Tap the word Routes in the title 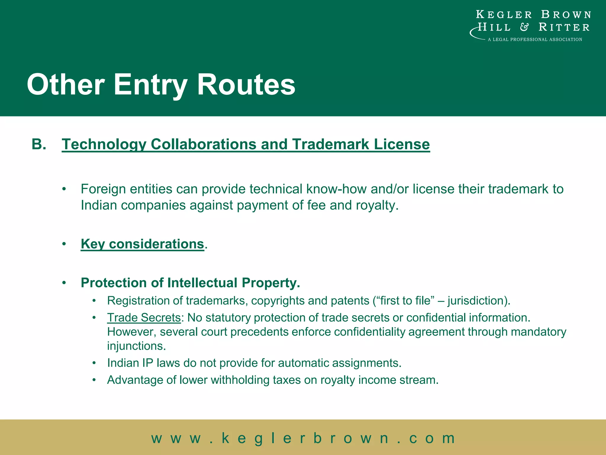coord(246,85)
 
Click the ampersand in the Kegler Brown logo coord(524,27)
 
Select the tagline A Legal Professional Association coord(535,39)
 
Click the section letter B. coord(38,145)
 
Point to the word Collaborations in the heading coord(204,145)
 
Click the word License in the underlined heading coord(402,145)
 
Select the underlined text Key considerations coord(142,244)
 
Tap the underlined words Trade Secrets coord(144,318)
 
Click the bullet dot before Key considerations coord(64,244)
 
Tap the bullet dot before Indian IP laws coord(94,363)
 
